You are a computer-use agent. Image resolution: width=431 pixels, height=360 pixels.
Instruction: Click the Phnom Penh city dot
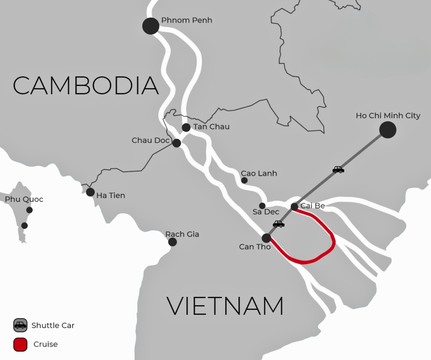tap(151, 26)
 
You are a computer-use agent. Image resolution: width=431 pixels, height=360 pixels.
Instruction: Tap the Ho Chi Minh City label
tap(388, 116)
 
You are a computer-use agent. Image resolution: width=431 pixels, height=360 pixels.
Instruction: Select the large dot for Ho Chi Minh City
tap(388, 130)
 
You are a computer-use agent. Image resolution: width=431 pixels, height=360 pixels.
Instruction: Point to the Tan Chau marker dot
tap(186, 127)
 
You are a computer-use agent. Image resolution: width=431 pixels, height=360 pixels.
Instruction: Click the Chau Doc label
tap(150, 140)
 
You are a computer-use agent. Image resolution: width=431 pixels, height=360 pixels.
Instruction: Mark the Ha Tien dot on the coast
tap(90, 192)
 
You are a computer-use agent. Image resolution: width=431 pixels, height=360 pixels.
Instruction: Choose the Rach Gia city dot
tap(172, 242)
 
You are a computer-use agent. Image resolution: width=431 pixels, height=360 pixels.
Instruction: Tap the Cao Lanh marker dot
tap(244, 180)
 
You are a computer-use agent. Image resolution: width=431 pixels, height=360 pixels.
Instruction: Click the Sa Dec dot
tap(262, 206)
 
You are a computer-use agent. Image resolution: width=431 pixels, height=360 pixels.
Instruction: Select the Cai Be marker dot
tap(295, 206)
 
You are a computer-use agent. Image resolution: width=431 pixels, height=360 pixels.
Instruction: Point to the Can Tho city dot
tap(266, 238)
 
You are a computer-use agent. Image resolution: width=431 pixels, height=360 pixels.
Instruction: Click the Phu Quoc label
tap(24, 199)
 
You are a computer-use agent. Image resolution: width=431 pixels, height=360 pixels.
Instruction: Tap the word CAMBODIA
tap(85, 85)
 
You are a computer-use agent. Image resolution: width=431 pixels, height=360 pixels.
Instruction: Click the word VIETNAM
tap(225, 306)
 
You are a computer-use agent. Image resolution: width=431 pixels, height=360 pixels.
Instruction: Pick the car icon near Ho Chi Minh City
tap(338, 169)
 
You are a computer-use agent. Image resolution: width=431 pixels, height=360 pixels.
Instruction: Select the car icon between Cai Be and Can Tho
tap(279, 224)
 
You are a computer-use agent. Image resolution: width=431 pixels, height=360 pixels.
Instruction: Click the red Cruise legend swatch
tap(20, 344)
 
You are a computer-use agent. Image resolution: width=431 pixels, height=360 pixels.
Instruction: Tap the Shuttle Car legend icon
tap(20, 325)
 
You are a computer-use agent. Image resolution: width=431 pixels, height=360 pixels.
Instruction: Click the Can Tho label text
tap(255, 247)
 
